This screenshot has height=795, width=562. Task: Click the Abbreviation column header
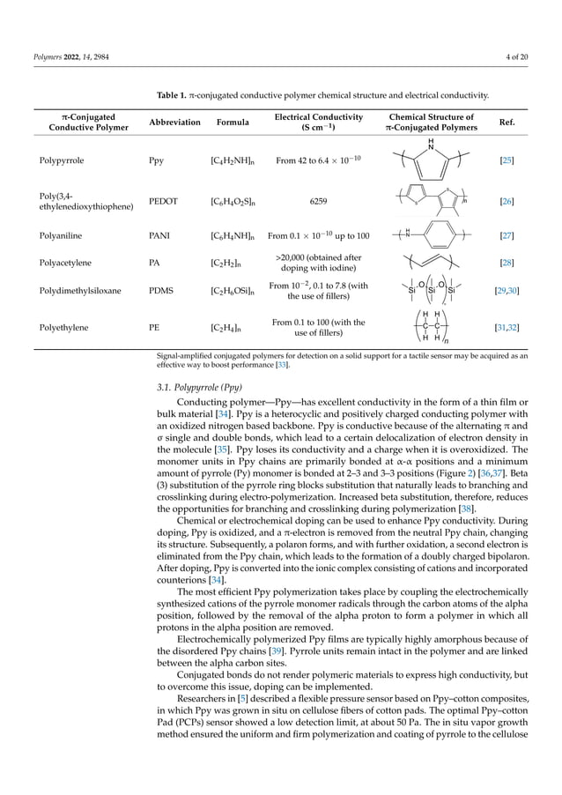(x=174, y=123)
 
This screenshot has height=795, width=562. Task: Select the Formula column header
(x=233, y=123)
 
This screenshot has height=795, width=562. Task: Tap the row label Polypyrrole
(x=63, y=162)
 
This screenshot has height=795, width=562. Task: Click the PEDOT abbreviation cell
(x=165, y=201)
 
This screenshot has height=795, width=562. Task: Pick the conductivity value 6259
(x=318, y=201)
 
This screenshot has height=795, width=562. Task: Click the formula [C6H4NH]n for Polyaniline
(x=233, y=236)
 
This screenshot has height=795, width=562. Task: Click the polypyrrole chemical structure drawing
(x=430, y=159)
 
